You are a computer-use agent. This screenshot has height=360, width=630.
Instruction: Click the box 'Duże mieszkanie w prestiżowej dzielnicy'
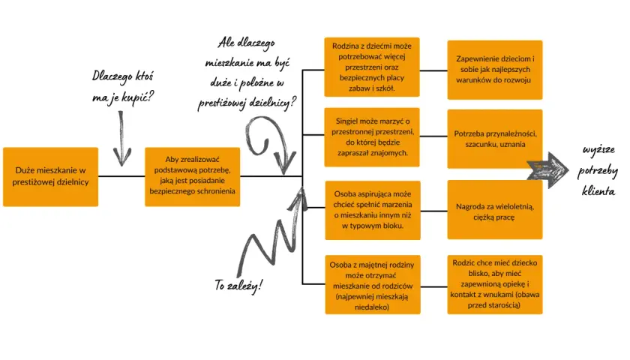(51, 177)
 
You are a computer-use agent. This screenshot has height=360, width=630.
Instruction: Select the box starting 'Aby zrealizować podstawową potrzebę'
(193, 177)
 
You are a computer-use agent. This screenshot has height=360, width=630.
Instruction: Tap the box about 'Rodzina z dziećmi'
(372, 67)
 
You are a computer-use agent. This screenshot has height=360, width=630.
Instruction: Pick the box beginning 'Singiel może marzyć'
(372, 137)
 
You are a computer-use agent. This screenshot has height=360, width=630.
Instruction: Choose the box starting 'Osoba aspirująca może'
(373, 210)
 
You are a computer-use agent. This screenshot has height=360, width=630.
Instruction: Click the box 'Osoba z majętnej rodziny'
(373, 284)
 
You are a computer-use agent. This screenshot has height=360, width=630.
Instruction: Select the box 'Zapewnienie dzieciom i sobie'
(495, 70)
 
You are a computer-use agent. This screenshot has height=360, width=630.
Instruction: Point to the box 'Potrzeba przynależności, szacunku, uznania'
(495, 139)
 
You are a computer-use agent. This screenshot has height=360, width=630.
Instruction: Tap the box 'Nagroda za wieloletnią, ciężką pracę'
(495, 210)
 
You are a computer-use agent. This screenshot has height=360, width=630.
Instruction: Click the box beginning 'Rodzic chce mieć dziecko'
(495, 284)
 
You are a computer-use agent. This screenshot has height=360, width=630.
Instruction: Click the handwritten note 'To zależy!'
(238, 285)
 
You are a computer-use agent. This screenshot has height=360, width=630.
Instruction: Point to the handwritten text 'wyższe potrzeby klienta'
(598, 170)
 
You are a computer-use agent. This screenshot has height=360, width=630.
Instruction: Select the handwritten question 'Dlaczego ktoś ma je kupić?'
(122, 87)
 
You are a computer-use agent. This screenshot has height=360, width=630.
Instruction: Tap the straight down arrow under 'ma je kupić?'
(121, 139)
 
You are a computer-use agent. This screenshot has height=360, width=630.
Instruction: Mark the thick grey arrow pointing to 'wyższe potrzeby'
(548, 170)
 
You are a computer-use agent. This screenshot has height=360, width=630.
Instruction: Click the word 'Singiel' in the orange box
(346, 121)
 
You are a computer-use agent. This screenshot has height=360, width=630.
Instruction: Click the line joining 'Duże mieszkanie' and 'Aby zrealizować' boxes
(121, 176)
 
